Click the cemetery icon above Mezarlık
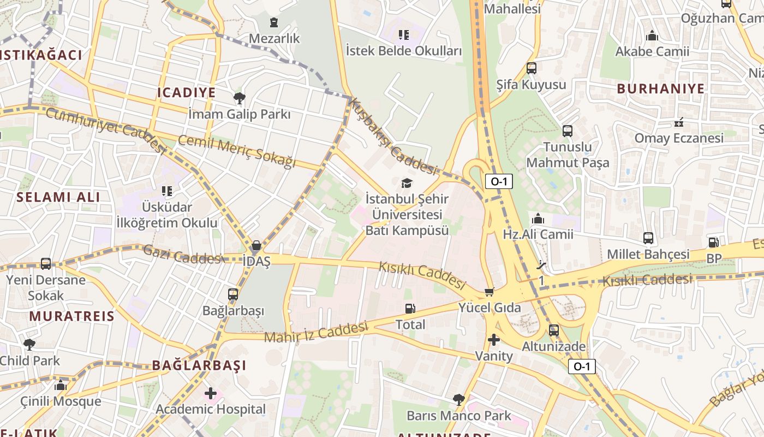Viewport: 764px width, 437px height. (274, 22)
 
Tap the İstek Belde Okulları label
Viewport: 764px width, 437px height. (404, 51)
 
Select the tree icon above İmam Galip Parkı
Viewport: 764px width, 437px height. (239, 98)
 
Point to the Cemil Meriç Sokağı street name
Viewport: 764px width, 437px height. (237, 151)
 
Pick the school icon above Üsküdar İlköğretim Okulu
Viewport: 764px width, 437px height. (167, 191)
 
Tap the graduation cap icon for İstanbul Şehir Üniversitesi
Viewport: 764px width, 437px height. (407, 183)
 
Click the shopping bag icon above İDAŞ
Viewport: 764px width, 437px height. (256, 245)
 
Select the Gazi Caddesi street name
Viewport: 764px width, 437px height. (182, 254)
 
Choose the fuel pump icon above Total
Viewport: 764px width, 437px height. (410, 309)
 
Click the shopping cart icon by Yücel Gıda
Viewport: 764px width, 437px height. (490, 292)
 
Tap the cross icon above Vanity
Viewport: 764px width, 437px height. (494, 340)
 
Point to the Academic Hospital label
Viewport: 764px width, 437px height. (211, 409)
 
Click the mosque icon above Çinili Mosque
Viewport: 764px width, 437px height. (61, 386)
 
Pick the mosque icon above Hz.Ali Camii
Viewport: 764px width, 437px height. (538, 218)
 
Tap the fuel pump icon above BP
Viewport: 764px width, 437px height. (713, 242)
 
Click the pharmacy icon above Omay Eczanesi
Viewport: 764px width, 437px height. (679, 122)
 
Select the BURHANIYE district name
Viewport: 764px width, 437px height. (660, 88)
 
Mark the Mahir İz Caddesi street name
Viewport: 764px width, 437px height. (317, 333)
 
